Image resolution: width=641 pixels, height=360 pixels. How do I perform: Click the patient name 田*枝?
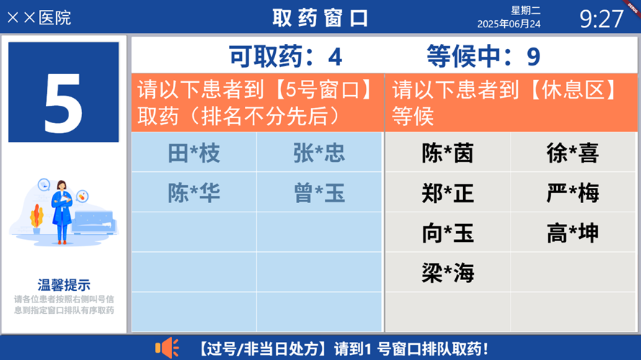(x=194, y=153)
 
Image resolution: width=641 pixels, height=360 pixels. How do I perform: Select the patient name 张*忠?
(x=319, y=153)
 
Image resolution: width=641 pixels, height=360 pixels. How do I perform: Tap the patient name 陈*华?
(x=194, y=193)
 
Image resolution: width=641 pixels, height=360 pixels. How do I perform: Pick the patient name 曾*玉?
(x=319, y=193)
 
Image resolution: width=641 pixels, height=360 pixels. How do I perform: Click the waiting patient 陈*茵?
(x=447, y=153)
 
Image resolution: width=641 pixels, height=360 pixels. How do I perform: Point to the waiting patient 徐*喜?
(x=573, y=153)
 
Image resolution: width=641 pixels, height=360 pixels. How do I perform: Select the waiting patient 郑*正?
(x=447, y=193)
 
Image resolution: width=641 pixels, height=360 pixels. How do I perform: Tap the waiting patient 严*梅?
(x=573, y=193)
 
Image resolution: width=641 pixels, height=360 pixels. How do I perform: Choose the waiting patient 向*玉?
(x=447, y=233)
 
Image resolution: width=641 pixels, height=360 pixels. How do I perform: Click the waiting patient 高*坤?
(x=573, y=233)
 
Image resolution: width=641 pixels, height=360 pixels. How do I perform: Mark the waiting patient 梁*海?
(x=447, y=273)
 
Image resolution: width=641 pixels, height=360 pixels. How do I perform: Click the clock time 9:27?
(x=601, y=18)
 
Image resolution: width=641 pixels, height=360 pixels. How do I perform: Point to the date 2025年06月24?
(x=509, y=24)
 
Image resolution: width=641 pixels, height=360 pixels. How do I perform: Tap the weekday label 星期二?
(x=526, y=10)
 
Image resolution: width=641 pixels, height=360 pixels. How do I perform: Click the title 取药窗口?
(x=320, y=17)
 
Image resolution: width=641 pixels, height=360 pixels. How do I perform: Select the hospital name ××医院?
(x=39, y=17)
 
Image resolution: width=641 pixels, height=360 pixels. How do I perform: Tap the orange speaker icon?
(x=166, y=348)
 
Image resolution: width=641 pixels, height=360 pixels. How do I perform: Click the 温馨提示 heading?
(x=64, y=285)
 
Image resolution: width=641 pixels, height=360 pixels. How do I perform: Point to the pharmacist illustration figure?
(x=63, y=210)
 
